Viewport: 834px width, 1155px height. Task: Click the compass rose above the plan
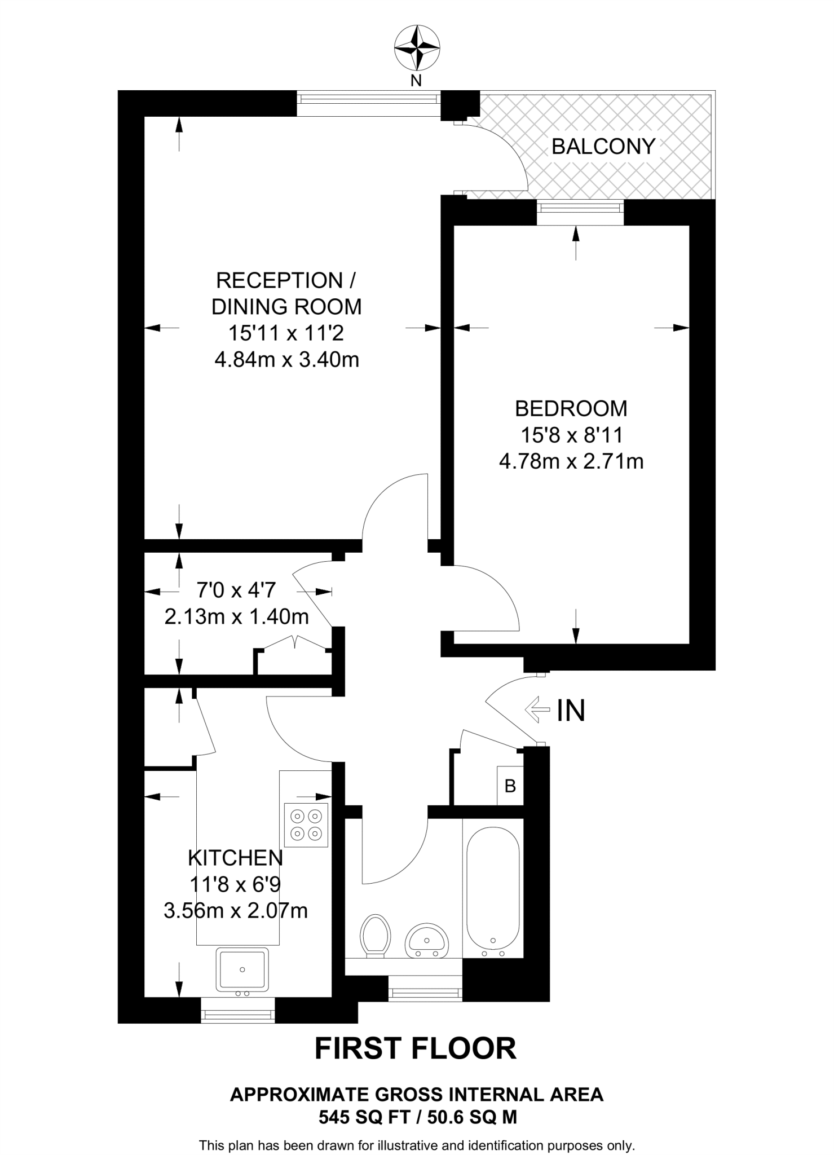416,48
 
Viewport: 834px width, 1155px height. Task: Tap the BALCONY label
603,147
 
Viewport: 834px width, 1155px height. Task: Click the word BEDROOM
571,408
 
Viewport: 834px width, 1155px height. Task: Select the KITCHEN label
235,858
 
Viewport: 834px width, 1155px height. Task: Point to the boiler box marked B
510,786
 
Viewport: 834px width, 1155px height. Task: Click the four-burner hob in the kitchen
306,825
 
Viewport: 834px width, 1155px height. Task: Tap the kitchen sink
242,969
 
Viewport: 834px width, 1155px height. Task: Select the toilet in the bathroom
376,936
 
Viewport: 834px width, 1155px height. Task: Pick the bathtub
493,892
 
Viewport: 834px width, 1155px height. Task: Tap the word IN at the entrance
571,711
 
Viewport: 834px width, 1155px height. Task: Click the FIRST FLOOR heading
416,1048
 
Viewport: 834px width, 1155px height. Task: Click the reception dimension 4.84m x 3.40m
286,359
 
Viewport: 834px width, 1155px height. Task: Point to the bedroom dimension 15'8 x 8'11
571,435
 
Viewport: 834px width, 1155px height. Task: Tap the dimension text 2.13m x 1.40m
236,617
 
